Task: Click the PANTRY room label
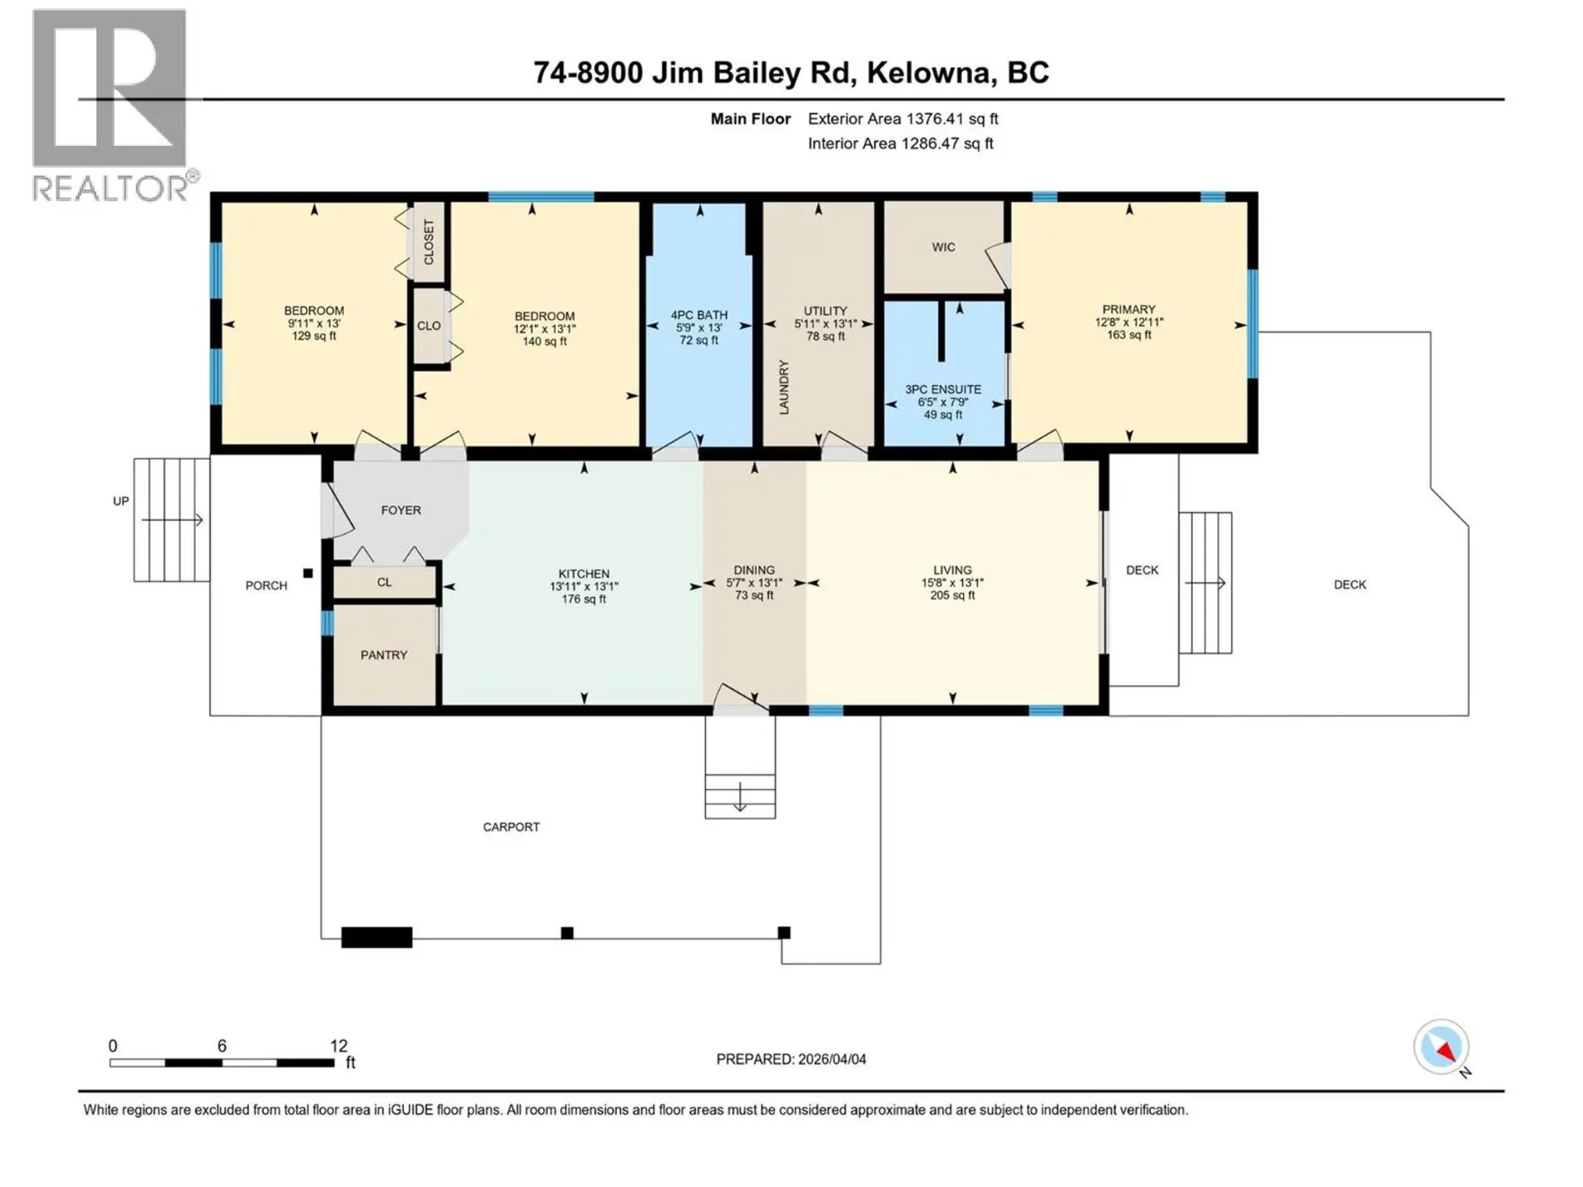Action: [x=383, y=654]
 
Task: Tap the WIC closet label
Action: [x=943, y=247]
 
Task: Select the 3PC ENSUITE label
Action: [x=942, y=389]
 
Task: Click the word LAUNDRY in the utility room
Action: [x=784, y=387]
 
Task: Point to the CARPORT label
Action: [x=511, y=827]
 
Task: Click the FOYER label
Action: [x=401, y=510]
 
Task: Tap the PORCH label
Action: [x=266, y=585]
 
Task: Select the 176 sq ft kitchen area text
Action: [x=584, y=599]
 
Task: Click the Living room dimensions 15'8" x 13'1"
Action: [x=952, y=583]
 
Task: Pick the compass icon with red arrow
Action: [x=1441, y=1048]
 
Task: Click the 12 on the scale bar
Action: [x=338, y=1045]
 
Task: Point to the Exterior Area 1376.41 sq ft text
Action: [x=903, y=119]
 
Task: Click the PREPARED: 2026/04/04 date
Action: [x=791, y=1059]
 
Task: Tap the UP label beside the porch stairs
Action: [x=121, y=501]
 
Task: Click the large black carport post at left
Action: [x=377, y=937]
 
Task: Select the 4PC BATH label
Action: [x=698, y=315]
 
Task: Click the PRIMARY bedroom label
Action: [x=1129, y=309]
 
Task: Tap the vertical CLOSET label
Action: [x=429, y=242]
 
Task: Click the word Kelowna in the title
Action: [x=928, y=73]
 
